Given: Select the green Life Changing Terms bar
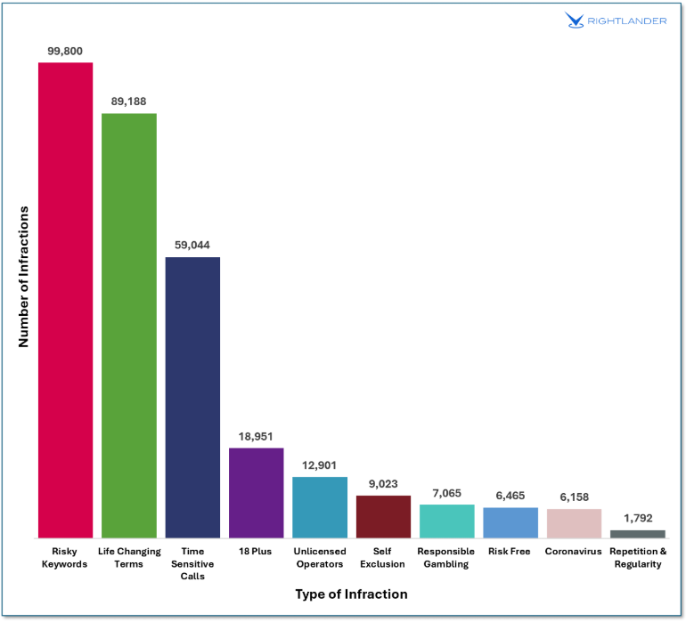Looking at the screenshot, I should (129, 325).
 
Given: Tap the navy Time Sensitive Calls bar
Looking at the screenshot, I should (192, 397).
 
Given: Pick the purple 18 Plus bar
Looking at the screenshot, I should (257, 493).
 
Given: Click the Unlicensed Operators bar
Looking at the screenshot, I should (320, 507).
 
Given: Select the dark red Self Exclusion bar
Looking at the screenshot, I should (383, 516).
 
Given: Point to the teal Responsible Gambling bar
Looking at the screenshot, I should (447, 521).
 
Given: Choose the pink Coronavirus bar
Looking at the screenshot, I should (574, 523).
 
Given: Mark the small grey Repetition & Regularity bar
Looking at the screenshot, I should (638, 534).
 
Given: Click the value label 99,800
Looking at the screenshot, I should (65, 52).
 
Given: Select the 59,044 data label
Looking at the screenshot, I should (192, 246).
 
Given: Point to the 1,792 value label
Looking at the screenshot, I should (638, 518).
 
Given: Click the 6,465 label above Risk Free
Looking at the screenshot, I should (510, 496).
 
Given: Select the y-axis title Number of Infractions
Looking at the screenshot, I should (25, 276).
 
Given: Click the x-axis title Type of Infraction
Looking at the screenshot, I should (351, 594).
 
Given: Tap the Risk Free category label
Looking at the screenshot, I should (510, 552).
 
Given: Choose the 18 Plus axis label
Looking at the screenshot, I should (257, 552).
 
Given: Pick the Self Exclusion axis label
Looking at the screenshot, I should (383, 558).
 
